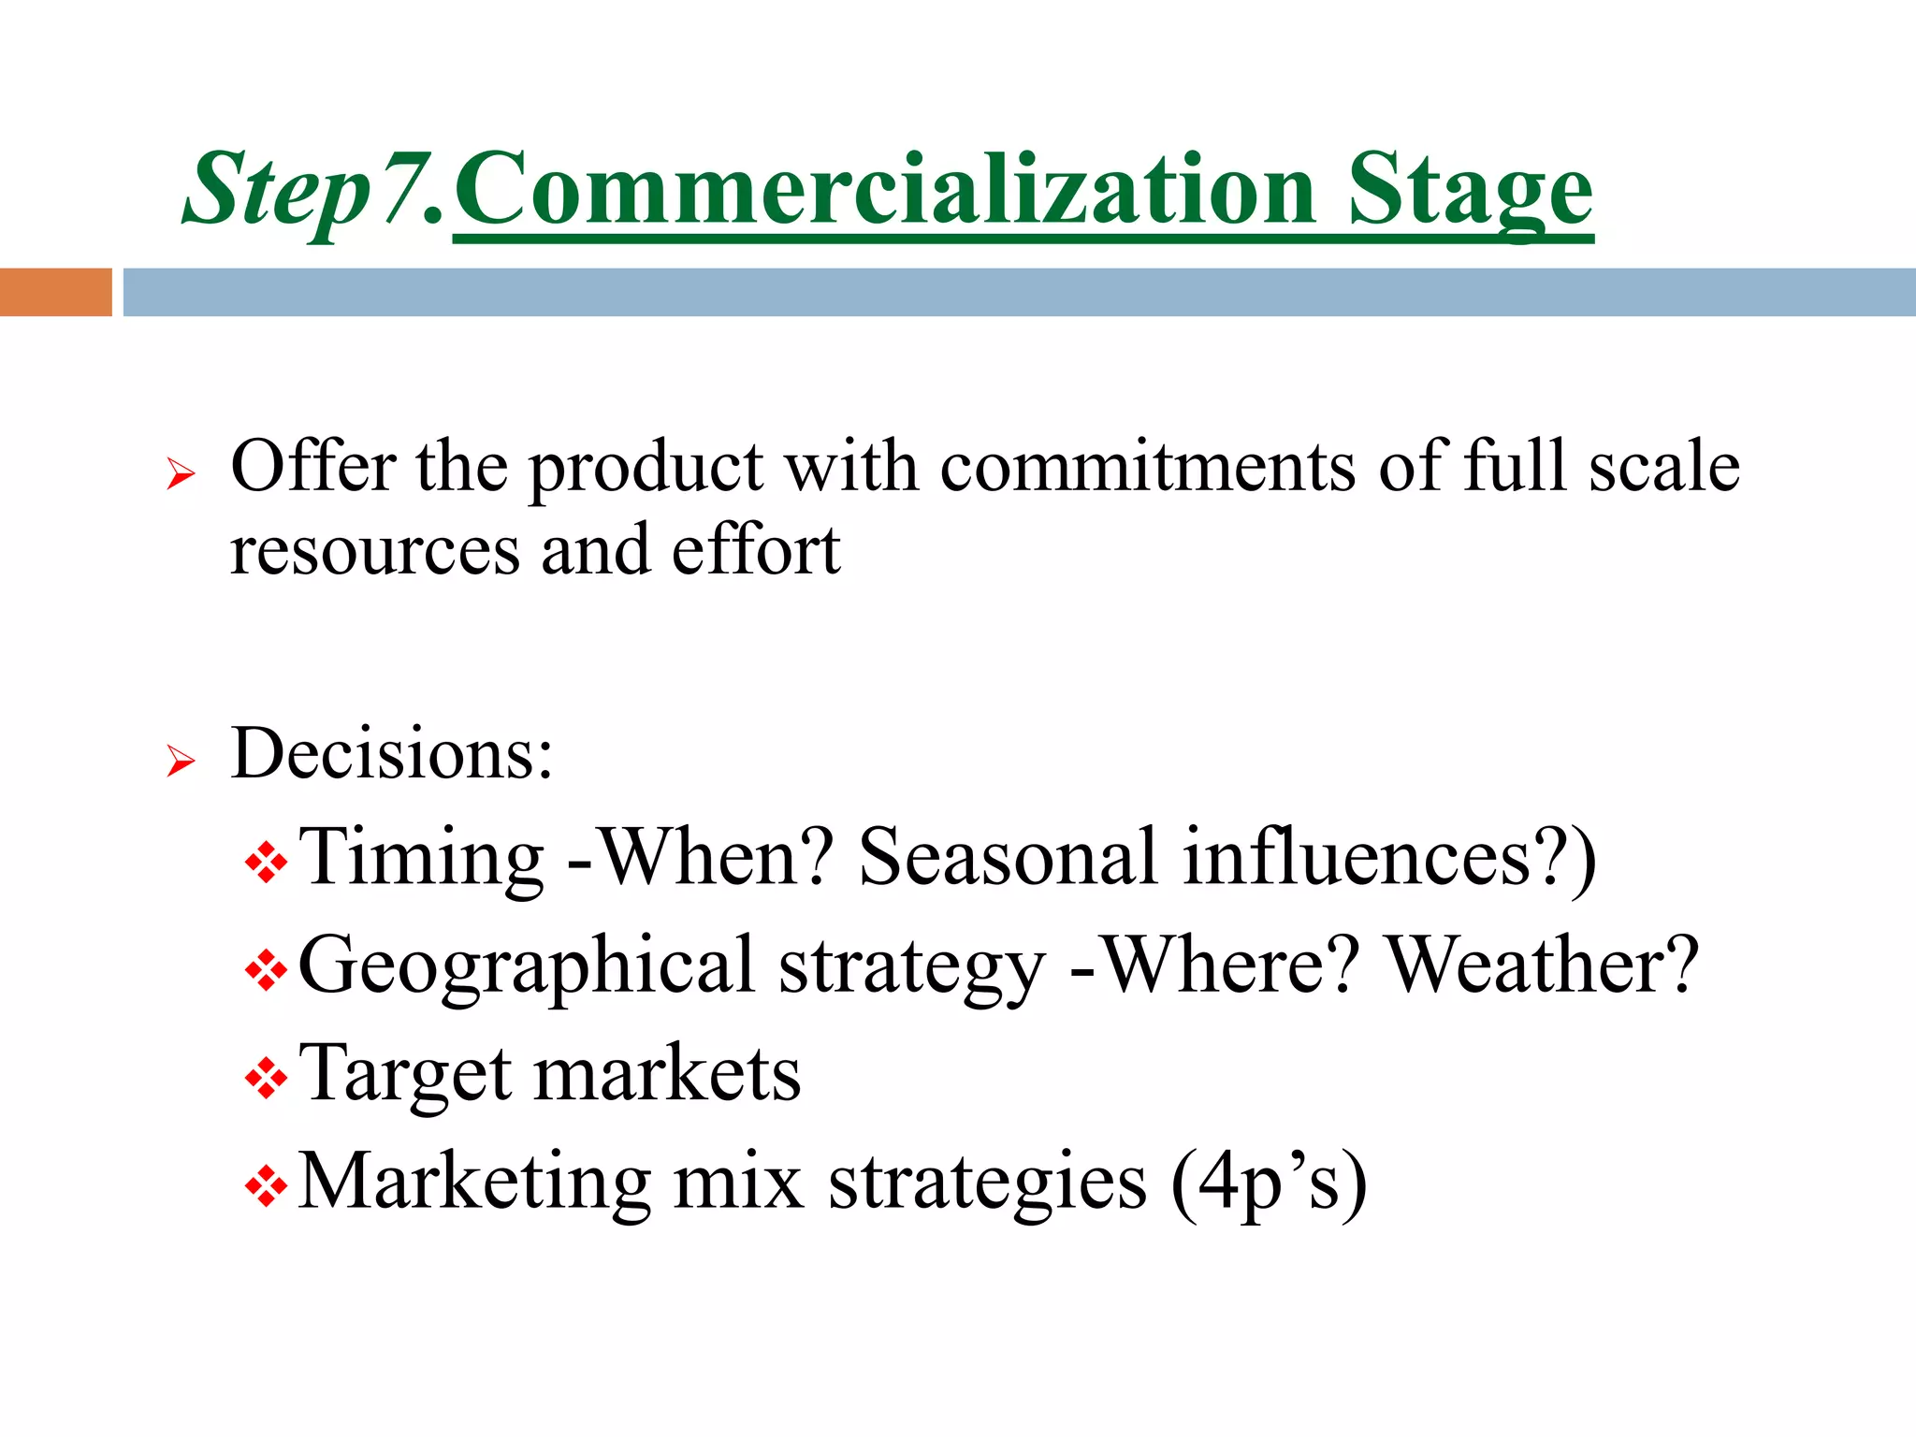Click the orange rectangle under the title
(x=55, y=292)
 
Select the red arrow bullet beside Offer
(x=180, y=474)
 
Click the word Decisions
(x=391, y=752)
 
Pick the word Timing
(x=421, y=857)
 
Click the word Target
(x=404, y=1075)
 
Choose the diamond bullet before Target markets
(x=266, y=1080)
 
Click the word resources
(x=374, y=552)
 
